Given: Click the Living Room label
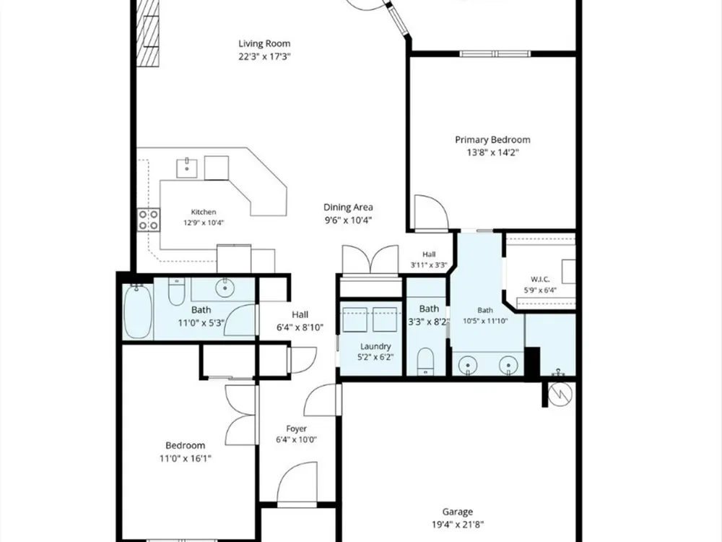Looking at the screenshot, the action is click(x=264, y=44).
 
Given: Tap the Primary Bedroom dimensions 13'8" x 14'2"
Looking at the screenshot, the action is click(x=492, y=152).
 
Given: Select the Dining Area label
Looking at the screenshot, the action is click(x=348, y=207).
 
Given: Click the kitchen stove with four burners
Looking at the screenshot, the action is click(x=149, y=220).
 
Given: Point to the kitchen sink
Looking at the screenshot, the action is click(x=187, y=168).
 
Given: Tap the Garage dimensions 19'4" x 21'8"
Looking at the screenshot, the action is click(x=458, y=525).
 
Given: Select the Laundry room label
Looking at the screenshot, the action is click(x=375, y=346).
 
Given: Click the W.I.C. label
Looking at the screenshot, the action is click(x=540, y=279).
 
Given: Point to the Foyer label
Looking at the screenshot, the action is click(x=297, y=429).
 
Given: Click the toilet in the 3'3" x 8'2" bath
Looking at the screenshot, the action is click(x=425, y=361).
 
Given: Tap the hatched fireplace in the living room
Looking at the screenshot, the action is click(x=148, y=34).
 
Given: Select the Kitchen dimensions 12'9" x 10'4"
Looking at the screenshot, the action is click(x=204, y=223).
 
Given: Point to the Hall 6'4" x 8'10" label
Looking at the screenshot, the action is click(x=300, y=314).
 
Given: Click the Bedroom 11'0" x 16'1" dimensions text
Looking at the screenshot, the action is click(x=186, y=459).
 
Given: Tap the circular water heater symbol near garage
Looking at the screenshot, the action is click(x=560, y=393).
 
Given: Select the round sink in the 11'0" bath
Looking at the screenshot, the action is click(x=225, y=288).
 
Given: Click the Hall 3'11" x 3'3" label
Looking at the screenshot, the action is click(x=429, y=254).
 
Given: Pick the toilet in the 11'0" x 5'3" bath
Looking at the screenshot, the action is click(x=176, y=291).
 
